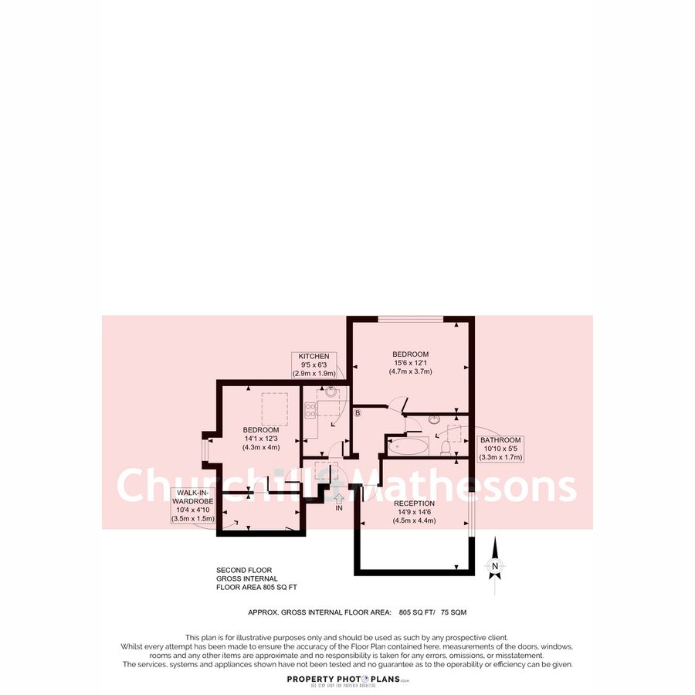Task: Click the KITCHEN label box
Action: pyautogui.click(x=314, y=364)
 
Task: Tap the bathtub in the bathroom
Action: pyautogui.click(x=407, y=446)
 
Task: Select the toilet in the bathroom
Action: pyautogui.click(x=444, y=446)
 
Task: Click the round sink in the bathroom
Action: pyautogui.click(x=434, y=420)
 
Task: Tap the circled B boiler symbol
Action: pyautogui.click(x=358, y=413)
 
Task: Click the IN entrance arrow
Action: pyautogui.click(x=338, y=503)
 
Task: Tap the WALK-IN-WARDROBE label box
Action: pyautogui.click(x=192, y=506)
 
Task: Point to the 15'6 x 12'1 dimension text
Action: pyautogui.click(x=410, y=363)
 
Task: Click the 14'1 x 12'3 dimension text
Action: pyautogui.click(x=261, y=439)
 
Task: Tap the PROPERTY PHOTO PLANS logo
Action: pyautogui.click(x=347, y=679)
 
